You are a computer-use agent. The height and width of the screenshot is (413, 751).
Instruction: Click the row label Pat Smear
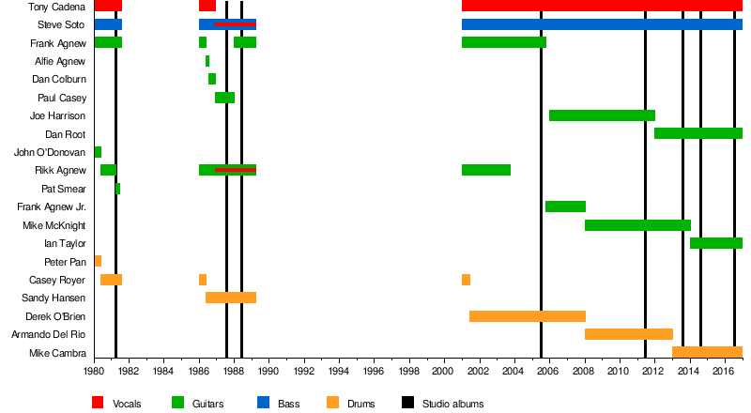[x=64, y=190]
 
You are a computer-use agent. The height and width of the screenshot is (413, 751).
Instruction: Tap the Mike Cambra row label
[x=58, y=354]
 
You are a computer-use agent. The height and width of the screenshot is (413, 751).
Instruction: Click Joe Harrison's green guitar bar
[x=602, y=115]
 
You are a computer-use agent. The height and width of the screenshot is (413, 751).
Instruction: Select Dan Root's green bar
[x=697, y=133]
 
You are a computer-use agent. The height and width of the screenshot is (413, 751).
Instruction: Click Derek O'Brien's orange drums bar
[x=527, y=316]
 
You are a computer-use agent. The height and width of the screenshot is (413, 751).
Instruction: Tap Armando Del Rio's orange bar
[x=628, y=334]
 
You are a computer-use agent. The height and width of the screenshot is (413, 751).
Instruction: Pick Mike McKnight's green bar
[x=637, y=225]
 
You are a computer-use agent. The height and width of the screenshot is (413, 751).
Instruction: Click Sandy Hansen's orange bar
[x=231, y=298]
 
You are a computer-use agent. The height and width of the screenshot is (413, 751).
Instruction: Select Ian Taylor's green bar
[x=715, y=243]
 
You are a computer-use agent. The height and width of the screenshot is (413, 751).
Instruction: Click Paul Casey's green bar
[x=224, y=98]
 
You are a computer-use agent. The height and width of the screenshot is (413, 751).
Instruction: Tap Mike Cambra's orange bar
[x=707, y=353]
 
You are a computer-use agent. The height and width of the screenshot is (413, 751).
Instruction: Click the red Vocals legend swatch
[x=98, y=404]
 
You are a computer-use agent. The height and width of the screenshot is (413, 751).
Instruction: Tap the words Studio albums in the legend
[x=453, y=404]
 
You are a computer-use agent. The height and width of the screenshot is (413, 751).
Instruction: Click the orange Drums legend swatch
[x=333, y=404]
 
